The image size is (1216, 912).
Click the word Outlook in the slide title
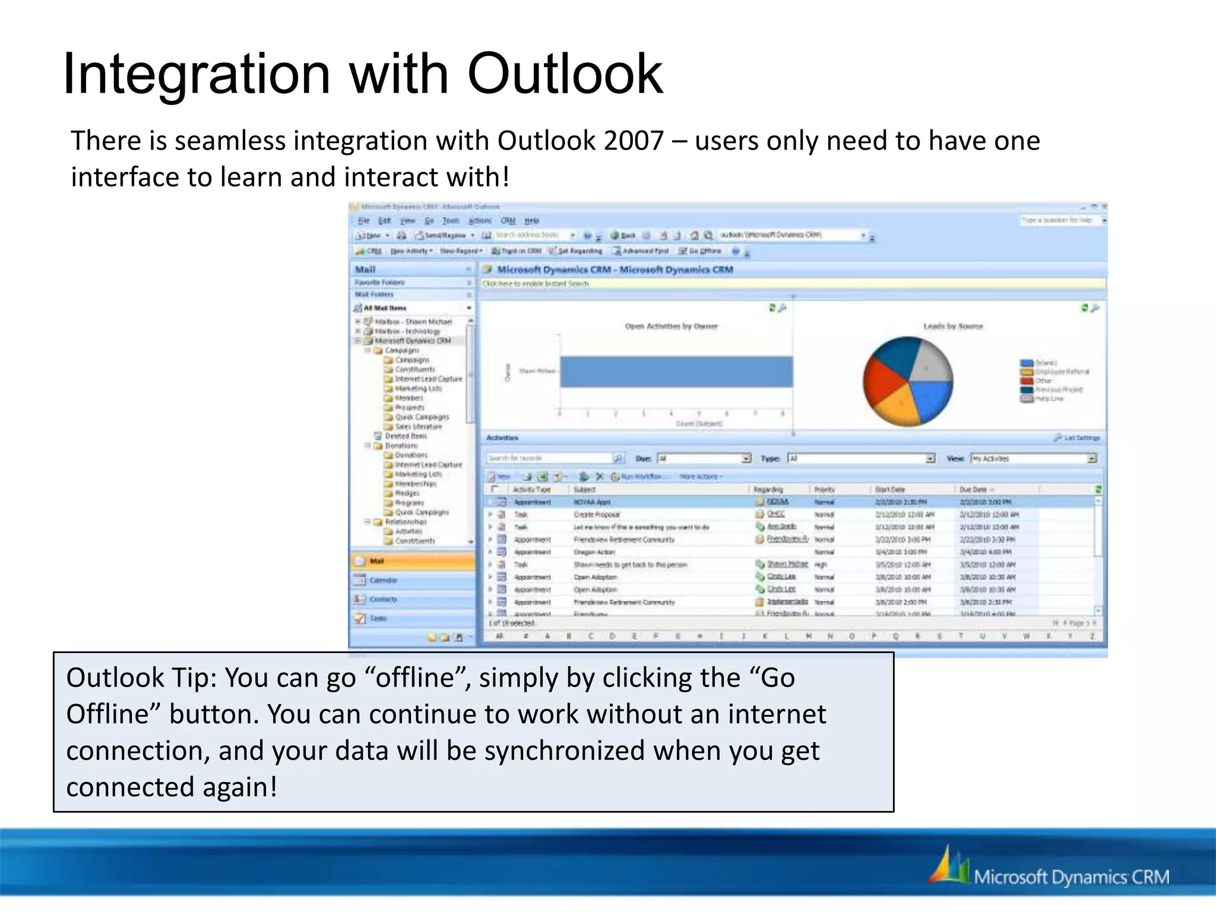tap(564, 74)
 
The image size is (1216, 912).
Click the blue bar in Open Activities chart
tap(676, 372)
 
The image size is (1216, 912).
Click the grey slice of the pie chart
tap(931, 362)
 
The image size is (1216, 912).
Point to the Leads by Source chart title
tap(952, 326)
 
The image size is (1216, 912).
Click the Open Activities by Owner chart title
tap(671, 326)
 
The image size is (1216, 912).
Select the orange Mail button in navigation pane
tap(413, 561)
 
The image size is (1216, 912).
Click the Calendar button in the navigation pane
tap(383, 580)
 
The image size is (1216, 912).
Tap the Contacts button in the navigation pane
tap(383, 599)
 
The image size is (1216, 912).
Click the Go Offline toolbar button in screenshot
tap(701, 251)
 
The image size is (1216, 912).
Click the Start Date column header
tap(889, 489)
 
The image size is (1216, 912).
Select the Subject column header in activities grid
tap(585, 489)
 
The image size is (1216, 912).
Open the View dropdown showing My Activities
tap(1091, 458)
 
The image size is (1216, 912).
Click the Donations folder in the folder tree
tap(401, 445)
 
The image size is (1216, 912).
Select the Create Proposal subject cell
tap(596, 514)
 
